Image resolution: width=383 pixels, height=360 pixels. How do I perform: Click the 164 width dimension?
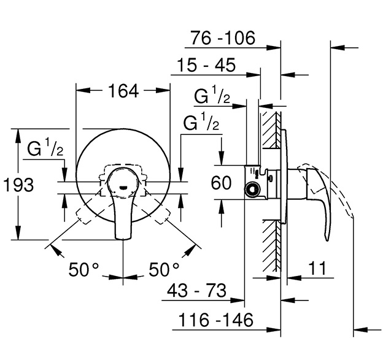click(123, 91)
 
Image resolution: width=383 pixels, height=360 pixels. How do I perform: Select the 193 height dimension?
click(18, 185)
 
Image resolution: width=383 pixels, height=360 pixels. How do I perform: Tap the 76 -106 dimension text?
click(223, 38)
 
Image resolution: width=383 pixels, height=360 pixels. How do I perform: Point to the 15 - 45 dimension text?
click(206, 65)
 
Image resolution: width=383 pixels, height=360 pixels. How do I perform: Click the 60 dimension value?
click(221, 183)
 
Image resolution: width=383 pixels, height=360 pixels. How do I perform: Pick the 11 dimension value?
click(317, 268)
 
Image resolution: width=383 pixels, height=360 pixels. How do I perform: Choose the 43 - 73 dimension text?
click(196, 291)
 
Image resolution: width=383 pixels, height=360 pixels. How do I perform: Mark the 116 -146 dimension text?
click(216, 320)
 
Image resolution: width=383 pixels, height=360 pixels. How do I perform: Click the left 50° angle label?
click(83, 270)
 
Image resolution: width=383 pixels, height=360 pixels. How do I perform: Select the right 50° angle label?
click(164, 270)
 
